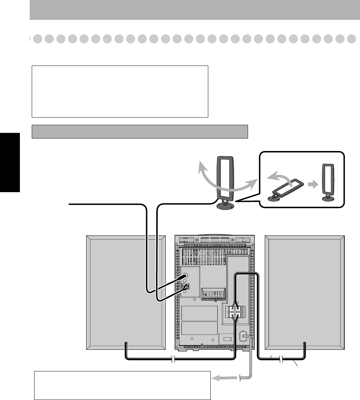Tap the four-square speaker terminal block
(234, 311)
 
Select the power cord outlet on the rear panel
(243, 337)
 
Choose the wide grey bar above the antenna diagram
(140, 131)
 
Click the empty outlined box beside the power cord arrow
(122, 385)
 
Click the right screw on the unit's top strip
(232, 240)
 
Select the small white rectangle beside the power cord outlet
(227, 339)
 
